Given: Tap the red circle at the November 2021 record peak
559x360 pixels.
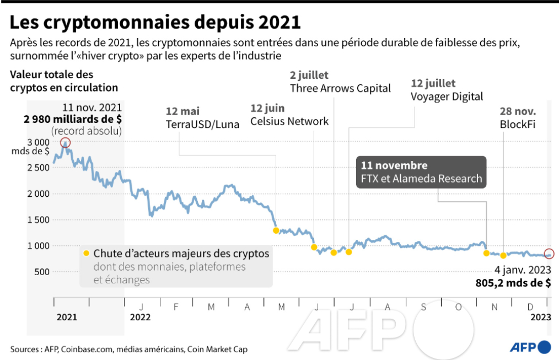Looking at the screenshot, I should click(66, 143).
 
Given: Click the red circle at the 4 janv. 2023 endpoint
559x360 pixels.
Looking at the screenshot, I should click(549, 254).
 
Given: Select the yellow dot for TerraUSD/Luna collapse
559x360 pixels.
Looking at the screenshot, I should click(276, 230).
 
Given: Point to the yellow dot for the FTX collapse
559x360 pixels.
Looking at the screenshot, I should click(486, 253).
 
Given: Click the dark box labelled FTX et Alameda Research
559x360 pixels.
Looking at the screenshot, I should click(421, 172).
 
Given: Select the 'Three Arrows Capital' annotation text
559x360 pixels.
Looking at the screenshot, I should click(340, 88).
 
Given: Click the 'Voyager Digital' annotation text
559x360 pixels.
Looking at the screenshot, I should click(447, 96).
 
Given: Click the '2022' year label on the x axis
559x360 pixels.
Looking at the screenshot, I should click(140, 317).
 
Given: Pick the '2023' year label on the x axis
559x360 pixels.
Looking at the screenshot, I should click(540, 317).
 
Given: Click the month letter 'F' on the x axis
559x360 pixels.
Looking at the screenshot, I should click(176, 307).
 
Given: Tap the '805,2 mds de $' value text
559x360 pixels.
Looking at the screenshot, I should click(513, 283).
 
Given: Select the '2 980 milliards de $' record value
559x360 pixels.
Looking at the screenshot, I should click(72, 119).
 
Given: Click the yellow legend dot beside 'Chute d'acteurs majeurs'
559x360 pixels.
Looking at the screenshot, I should click(86, 254).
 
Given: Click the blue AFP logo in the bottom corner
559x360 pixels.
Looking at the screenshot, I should click(530, 347).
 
